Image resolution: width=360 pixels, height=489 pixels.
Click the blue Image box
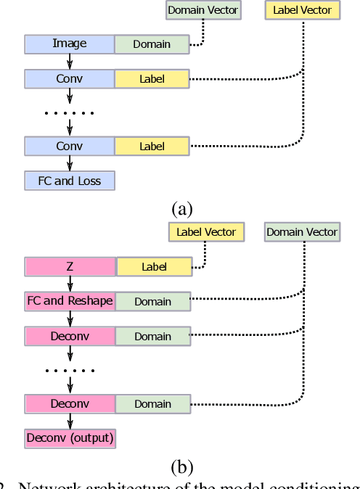(70, 44)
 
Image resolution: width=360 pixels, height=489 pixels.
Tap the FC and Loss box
(70, 180)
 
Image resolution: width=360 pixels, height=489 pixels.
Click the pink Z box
(70, 267)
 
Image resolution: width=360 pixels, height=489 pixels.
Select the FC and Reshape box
(70, 301)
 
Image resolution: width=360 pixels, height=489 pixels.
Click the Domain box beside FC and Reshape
(152, 301)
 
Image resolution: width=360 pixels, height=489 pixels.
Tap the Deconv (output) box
(70, 437)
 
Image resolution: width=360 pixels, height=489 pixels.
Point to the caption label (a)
(181, 209)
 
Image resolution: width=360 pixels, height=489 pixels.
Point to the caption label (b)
(181, 466)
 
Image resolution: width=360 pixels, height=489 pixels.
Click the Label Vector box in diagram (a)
(302, 10)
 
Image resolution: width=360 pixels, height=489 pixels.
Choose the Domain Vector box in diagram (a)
(202, 10)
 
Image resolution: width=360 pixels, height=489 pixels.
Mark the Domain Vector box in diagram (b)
(302, 232)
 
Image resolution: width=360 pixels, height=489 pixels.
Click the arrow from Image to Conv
(70, 62)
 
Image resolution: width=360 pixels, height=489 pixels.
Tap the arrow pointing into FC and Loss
(70, 163)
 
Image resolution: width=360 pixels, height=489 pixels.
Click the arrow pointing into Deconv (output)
(70, 421)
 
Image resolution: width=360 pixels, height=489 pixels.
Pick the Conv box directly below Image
(70, 78)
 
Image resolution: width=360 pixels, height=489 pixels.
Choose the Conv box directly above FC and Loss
(70, 146)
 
